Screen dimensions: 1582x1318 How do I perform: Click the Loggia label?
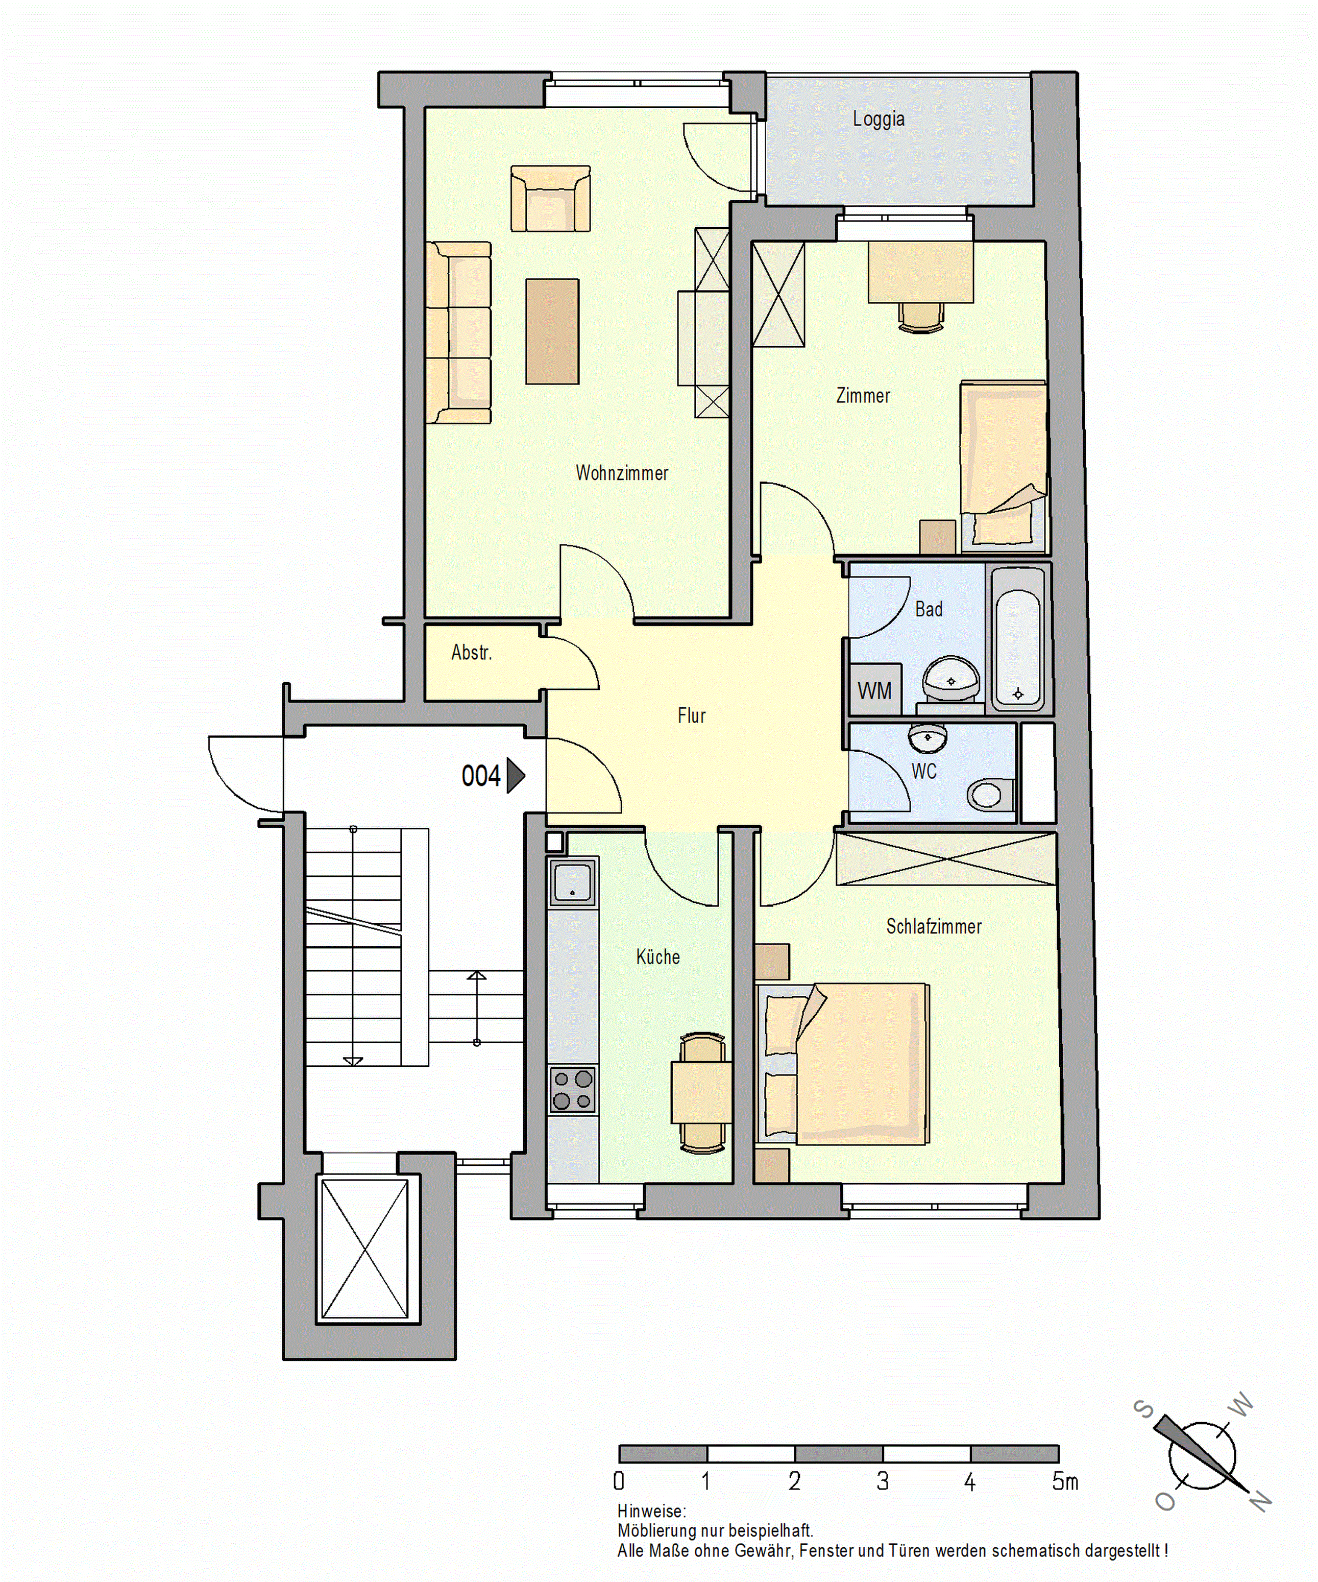[x=878, y=119]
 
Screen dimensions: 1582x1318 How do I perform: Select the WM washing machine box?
[x=874, y=690]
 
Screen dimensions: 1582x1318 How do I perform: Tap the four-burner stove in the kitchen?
[x=572, y=1089]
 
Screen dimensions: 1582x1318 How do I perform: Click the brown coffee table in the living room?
[x=552, y=331]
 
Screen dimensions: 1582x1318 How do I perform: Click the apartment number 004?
[x=480, y=776]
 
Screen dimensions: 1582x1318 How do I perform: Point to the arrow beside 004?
[x=515, y=776]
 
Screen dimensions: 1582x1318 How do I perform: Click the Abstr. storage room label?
[x=472, y=653]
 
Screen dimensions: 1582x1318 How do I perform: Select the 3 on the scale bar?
[x=882, y=1482]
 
